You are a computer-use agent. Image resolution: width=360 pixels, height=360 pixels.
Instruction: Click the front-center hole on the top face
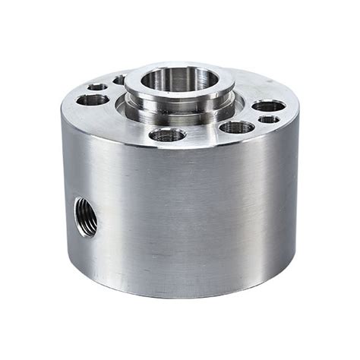tap(167, 135)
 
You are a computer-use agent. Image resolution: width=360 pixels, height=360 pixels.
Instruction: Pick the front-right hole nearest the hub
tap(236, 126)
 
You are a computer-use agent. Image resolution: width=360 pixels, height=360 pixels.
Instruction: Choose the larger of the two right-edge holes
tap(269, 106)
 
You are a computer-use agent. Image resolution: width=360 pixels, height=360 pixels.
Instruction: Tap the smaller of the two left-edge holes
tap(97, 87)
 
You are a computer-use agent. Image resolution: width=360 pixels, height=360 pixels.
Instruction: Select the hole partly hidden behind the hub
tap(119, 80)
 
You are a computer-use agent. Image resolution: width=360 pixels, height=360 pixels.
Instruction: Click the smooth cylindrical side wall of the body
tap(190, 220)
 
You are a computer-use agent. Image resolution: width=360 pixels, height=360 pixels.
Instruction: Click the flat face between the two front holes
tap(201, 134)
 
